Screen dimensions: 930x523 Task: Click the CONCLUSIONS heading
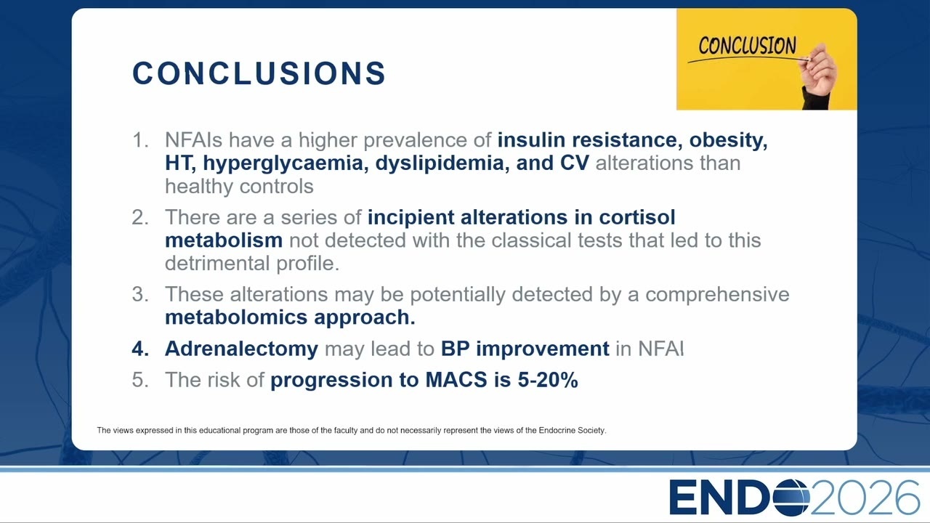[x=259, y=73]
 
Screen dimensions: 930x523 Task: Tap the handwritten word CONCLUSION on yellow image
[x=748, y=45]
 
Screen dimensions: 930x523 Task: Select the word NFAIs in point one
[x=194, y=140]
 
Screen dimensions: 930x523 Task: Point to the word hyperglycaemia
[x=283, y=163]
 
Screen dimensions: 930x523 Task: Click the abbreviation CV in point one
[x=574, y=163]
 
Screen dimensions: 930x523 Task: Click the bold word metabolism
[x=224, y=240]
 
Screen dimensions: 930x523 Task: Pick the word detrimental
[x=217, y=263]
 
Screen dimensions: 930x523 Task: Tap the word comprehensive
[x=717, y=295]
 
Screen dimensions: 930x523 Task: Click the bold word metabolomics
[x=236, y=317]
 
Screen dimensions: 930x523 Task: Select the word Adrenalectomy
[x=242, y=349]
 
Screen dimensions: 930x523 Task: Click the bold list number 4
[x=140, y=349]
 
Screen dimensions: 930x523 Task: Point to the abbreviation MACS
[x=456, y=380]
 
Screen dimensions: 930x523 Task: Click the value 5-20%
[x=548, y=380]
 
